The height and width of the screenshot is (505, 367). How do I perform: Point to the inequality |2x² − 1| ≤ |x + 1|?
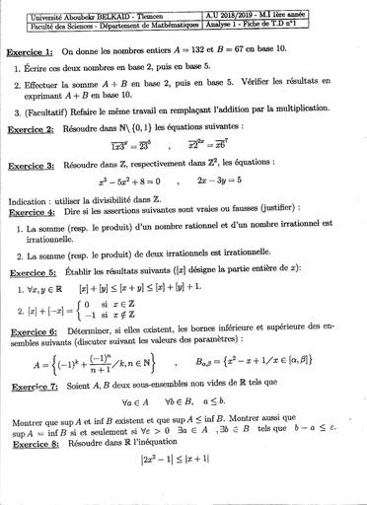tap(185, 465)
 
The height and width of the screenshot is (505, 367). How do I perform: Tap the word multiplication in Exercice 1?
tap(300, 114)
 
